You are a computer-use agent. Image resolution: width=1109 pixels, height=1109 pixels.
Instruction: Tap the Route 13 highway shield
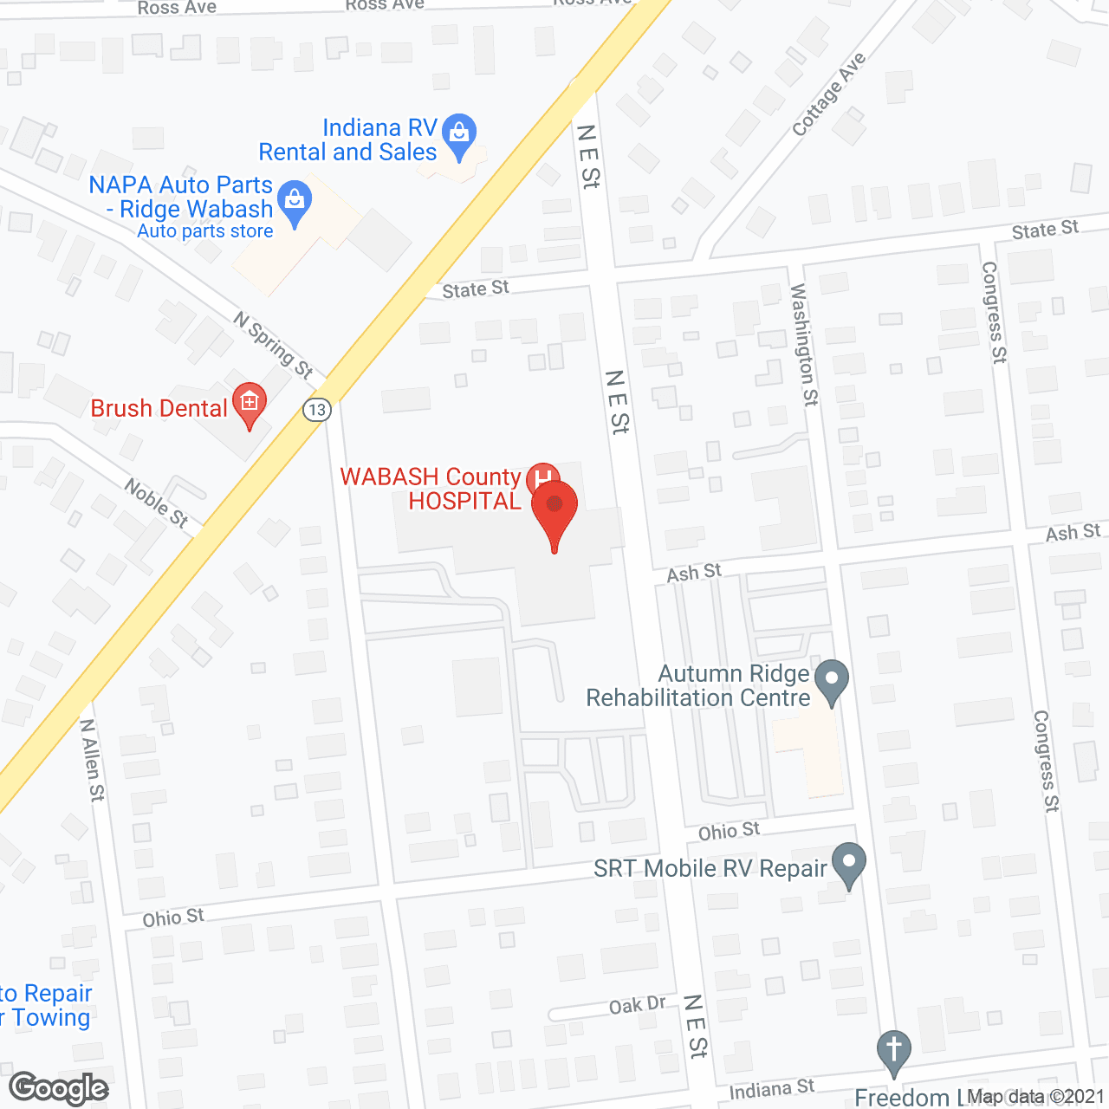[317, 410]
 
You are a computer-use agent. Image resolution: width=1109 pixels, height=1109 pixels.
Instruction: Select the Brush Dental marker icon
[250, 405]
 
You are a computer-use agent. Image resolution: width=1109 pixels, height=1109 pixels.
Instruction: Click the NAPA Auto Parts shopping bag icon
[295, 204]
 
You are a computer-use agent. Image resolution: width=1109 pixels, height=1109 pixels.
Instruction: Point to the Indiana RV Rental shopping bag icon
[458, 136]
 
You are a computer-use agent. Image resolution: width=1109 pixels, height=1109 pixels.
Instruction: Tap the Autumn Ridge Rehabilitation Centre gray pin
[833, 681]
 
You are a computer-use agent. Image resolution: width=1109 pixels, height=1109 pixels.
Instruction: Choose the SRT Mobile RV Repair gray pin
[849, 865]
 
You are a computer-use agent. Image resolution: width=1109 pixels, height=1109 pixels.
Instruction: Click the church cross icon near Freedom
[893, 1052]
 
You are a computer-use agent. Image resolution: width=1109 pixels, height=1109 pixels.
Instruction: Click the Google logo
[59, 1088]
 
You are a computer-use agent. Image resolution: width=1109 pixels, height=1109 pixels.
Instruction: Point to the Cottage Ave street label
[828, 94]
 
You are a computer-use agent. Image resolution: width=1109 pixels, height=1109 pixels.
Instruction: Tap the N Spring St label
[273, 345]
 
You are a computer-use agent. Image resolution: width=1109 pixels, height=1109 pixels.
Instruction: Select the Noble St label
[156, 503]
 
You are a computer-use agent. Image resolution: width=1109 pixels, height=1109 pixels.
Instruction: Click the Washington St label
[803, 344]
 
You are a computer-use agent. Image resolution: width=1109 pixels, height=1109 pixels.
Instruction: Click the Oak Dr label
[637, 1005]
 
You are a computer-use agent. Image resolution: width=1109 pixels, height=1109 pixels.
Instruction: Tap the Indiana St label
[771, 1089]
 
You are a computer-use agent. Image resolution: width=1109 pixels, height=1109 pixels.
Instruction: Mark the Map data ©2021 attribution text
[1035, 1097]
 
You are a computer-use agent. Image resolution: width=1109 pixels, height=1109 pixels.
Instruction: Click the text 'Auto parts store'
[205, 231]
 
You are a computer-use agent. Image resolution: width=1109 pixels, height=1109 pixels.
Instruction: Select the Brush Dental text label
[159, 408]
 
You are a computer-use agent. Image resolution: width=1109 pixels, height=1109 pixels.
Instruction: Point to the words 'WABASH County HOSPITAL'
[431, 489]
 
